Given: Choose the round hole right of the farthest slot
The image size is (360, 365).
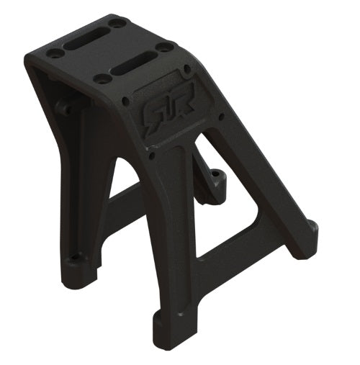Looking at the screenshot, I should coord(115,24).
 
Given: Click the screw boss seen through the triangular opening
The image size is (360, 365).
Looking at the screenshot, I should coord(215,180).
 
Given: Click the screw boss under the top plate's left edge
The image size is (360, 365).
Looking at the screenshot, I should coord(64,108).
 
